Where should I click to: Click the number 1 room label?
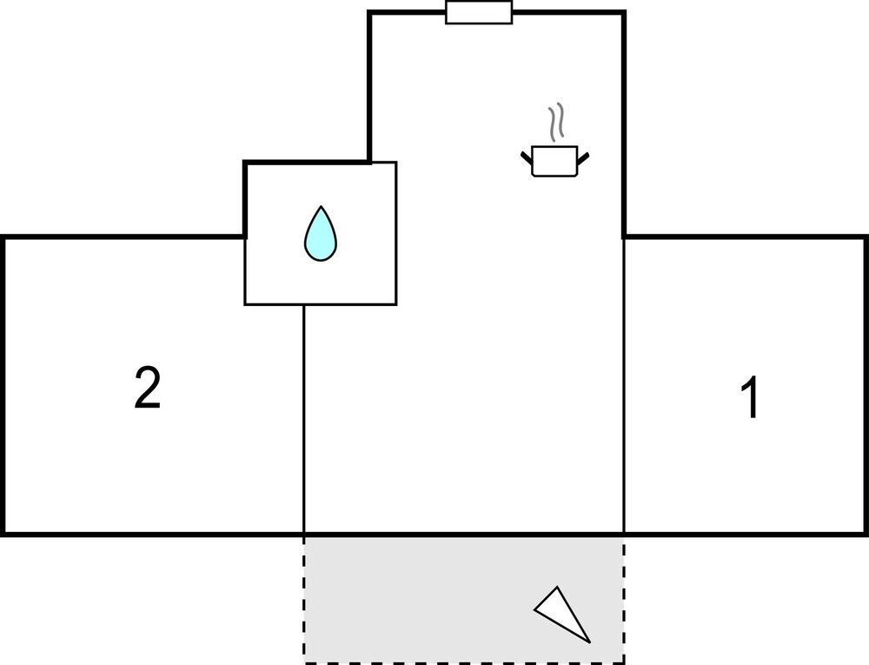pyautogui.click(x=750, y=397)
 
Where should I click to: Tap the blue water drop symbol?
pyautogui.click(x=321, y=233)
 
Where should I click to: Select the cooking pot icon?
pyautogui.click(x=554, y=161)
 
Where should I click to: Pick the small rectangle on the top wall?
pyautogui.click(x=479, y=12)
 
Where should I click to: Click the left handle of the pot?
pyautogui.click(x=527, y=156)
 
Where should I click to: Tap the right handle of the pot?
pyautogui.click(x=583, y=158)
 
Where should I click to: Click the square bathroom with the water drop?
pyautogui.click(x=321, y=233)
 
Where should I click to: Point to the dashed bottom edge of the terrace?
pyautogui.click(x=464, y=662)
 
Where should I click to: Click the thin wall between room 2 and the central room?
pyautogui.click(x=303, y=419)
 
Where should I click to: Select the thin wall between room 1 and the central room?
pyautogui.click(x=624, y=385)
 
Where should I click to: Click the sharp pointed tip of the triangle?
pyautogui.click(x=590, y=643)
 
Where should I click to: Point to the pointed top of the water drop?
pyautogui.click(x=321, y=206)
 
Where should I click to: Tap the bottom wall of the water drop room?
pyautogui.click(x=321, y=304)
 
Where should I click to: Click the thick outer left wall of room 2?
pyautogui.click(x=3, y=385)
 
